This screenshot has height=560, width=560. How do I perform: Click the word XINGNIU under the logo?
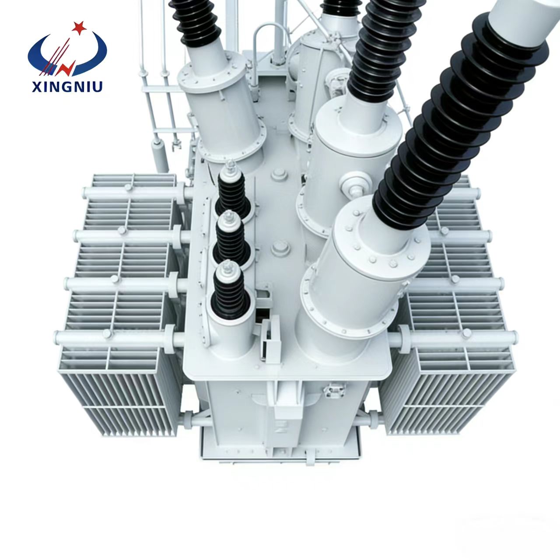(67, 87)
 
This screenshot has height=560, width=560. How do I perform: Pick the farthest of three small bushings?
(232, 190)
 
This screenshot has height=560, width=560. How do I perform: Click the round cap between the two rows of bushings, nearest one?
(281, 249)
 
